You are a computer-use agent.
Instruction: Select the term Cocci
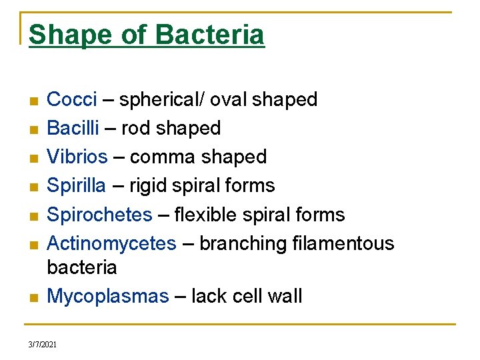click(x=72, y=100)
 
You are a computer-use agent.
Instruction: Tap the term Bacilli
click(x=71, y=128)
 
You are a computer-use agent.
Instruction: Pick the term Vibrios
click(x=77, y=157)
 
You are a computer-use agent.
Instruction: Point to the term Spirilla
click(x=76, y=185)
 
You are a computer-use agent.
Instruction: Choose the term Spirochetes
click(x=99, y=215)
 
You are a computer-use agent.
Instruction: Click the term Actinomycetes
click(x=111, y=244)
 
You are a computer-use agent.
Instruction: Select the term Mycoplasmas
click(x=108, y=296)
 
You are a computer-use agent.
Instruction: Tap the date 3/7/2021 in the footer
click(x=43, y=345)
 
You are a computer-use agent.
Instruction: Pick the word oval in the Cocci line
click(x=230, y=100)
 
